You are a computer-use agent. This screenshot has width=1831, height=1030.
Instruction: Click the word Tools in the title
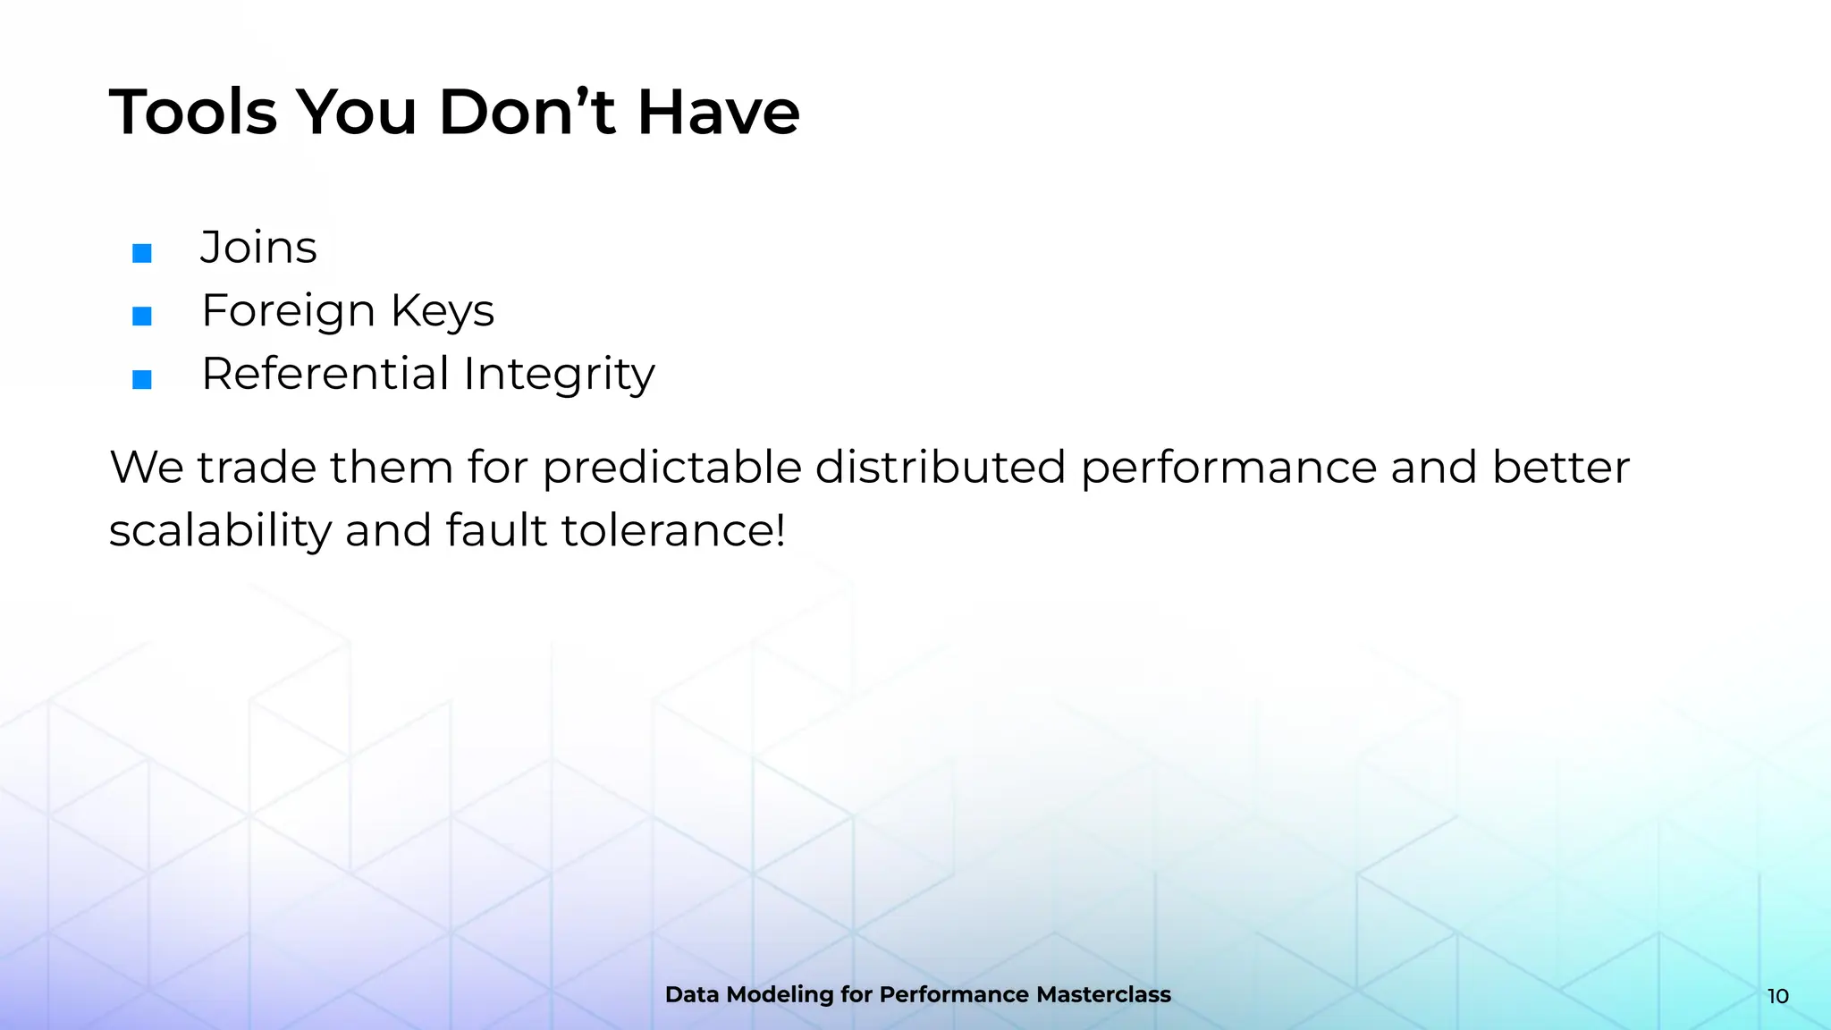coord(192,113)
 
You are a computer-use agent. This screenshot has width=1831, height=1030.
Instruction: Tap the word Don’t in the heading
coord(527,113)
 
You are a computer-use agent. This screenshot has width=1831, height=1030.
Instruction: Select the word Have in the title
coord(718,113)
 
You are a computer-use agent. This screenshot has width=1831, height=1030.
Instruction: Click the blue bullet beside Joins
coord(142,253)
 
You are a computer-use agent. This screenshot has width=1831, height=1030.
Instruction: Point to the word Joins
coord(258,248)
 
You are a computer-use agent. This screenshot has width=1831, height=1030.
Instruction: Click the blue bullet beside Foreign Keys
coord(142,316)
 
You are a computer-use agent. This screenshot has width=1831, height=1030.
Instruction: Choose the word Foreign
coord(288,312)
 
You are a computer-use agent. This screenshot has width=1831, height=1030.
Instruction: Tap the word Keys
coord(443,312)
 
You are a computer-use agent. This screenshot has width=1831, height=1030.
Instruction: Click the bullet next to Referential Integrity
coord(142,379)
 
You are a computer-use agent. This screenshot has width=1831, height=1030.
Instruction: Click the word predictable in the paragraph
coord(671,468)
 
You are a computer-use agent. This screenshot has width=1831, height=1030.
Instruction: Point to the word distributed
coord(940,468)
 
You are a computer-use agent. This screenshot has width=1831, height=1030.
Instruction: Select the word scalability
coord(220,531)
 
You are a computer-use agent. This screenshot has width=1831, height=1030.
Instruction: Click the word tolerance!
coord(673,530)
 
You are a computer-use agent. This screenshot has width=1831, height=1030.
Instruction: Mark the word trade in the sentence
coord(257,468)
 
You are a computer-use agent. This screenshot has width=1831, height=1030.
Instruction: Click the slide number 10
coord(1777,996)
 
